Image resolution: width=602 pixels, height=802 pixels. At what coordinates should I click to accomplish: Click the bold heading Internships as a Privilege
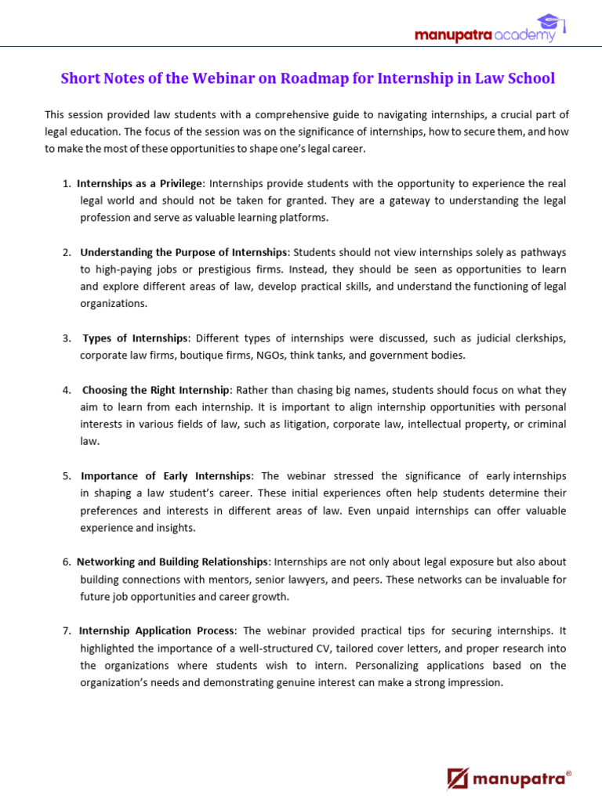tap(140, 183)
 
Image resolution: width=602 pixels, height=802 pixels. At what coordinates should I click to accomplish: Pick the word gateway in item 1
tap(390, 200)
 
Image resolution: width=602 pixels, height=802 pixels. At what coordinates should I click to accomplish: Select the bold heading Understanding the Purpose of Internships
tap(184, 252)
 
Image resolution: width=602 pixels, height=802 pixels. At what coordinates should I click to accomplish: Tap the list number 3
tap(67, 338)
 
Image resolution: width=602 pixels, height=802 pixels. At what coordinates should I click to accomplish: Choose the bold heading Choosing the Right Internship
tap(156, 390)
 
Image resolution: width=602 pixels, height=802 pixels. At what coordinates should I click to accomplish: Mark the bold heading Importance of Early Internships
tap(166, 476)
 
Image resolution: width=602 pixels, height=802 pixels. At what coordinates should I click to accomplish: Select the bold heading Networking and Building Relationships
tap(172, 562)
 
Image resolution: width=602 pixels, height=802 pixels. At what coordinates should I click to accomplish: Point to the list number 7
tap(67, 631)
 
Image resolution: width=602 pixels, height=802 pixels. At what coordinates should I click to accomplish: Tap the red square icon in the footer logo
tap(458, 778)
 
